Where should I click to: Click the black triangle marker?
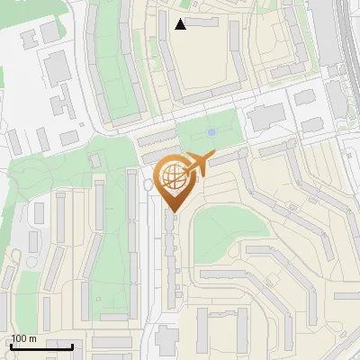coord(181,24)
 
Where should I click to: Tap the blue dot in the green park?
coord(211,133)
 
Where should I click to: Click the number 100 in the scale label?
coord(19,338)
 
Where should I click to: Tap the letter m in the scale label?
coord(31,338)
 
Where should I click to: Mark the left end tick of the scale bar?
coord(11,346)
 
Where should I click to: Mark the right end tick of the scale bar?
coord(73,346)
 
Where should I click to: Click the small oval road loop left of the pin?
coord(148,184)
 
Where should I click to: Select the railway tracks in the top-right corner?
coord(346,36)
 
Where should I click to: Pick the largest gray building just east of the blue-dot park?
coord(265,116)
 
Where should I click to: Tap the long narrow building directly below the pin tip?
coord(171,261)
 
